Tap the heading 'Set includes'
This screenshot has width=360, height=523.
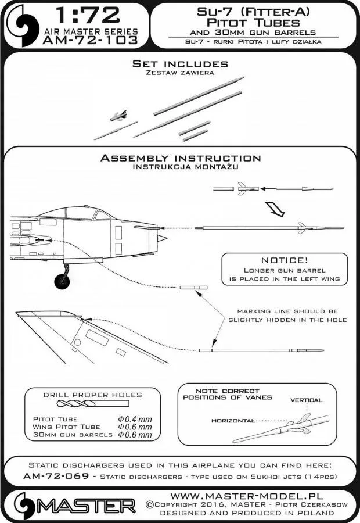180,63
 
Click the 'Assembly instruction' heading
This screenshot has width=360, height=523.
180,158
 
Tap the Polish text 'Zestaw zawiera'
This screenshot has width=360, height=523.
180,73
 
